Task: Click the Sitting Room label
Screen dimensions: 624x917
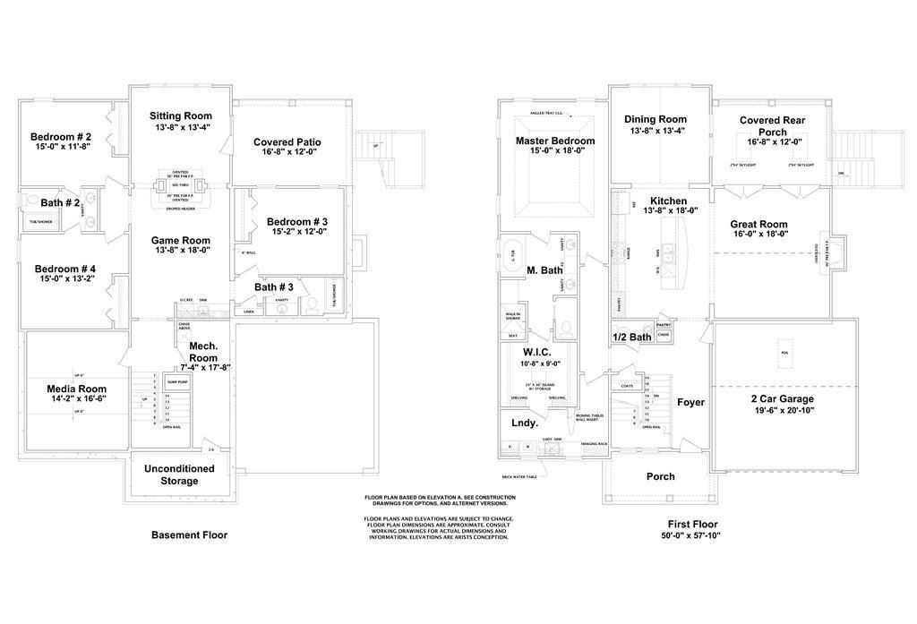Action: coord(180,115)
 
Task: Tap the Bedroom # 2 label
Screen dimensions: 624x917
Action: coord(60,137)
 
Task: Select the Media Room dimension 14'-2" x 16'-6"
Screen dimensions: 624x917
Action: coord(76,401)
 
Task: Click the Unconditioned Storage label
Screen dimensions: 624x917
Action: coord(179,474)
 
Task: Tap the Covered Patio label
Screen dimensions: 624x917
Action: coord(287,142)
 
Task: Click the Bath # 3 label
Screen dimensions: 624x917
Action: coord(273,286)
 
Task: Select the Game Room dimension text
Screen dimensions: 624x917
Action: coord(180,252)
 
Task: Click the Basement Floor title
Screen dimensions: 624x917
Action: coord(189,535)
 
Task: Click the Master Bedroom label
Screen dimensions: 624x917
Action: coord(554,141)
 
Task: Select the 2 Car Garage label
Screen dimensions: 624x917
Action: coord(784,397)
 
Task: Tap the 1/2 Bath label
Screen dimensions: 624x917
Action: coord(631,337)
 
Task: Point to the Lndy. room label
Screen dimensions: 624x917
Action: coord(524,423)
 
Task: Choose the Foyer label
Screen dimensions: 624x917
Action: coord(690,402)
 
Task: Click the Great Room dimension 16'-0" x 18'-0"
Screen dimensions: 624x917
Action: coord(758,235)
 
